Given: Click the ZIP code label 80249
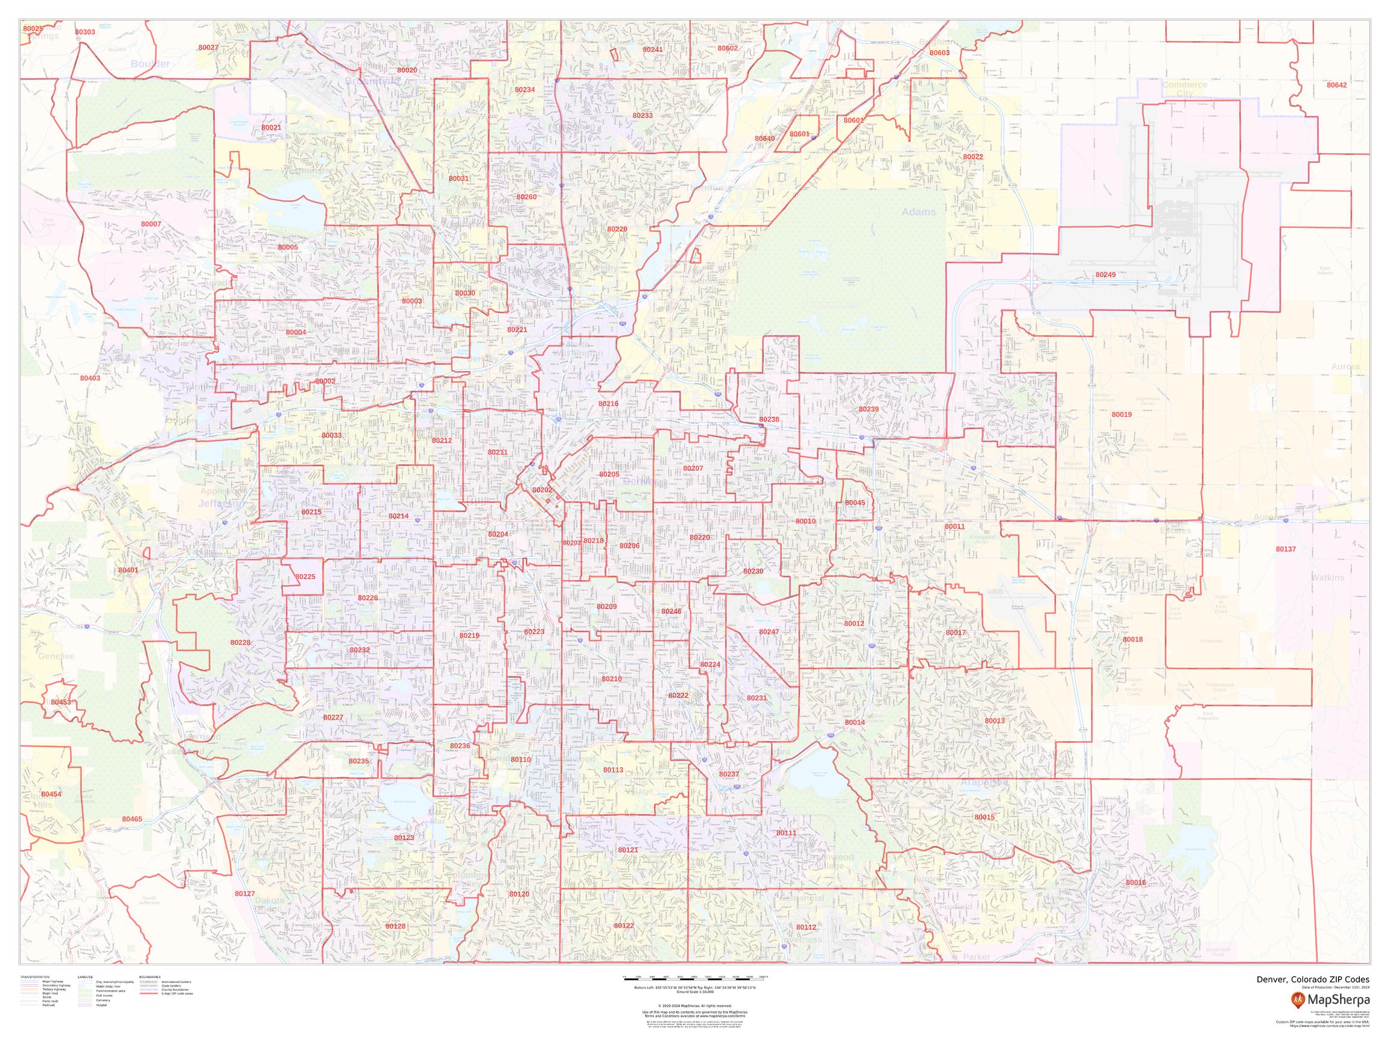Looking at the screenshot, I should [1105, 275].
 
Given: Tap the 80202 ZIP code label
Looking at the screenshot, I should [542, 490].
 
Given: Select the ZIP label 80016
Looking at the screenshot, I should [1135, 882].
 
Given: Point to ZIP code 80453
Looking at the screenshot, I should [61, 702].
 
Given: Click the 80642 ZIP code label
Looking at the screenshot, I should [1336, 85].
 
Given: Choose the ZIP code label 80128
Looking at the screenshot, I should [395, 926].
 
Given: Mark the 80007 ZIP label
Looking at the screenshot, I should [151, 224].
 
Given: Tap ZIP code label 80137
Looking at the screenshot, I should [1286, 549].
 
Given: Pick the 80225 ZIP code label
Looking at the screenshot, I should [305, 576].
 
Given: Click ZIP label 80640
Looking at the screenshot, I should [765, 139].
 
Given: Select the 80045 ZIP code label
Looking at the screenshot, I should [855, 503].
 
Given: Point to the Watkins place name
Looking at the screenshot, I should [1328, 577].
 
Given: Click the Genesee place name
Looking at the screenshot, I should [57, 656].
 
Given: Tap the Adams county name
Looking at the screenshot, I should [919, 212].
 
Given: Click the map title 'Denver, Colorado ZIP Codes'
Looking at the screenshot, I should [1313, 979].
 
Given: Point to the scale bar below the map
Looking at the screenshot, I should [695, 978].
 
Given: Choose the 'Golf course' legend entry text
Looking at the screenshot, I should [104, 996].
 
